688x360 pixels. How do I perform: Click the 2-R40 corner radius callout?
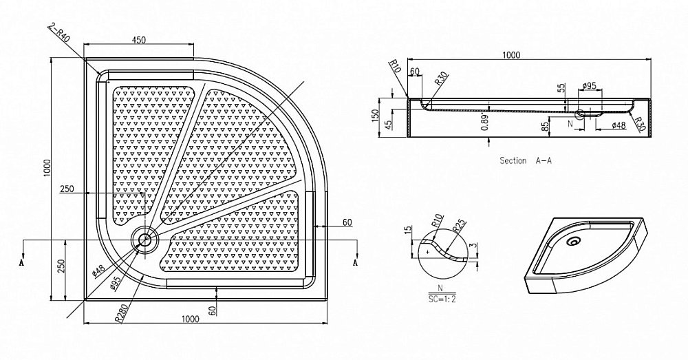point(59,30)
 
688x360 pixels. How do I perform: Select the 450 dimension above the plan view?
point(138,41)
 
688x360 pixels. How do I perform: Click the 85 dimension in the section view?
point(546,125)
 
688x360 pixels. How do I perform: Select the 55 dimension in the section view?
point(561,89)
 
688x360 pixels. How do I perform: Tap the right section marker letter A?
point(356,263)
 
